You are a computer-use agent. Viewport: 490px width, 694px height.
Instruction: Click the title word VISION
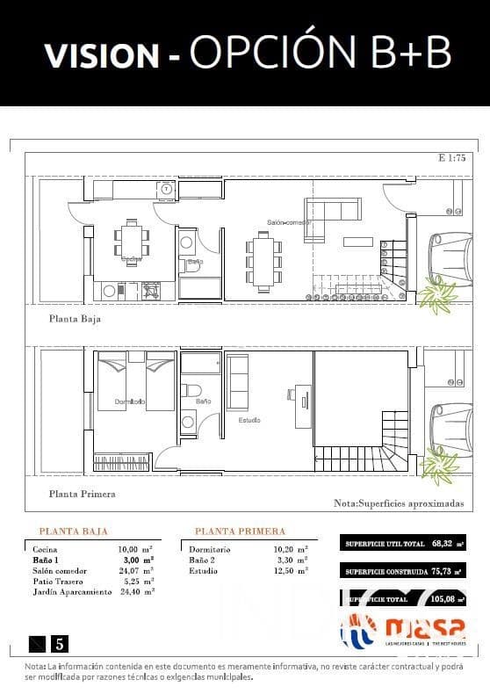tap(102, 55)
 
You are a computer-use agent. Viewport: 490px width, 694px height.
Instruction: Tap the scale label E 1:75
tap(452, 158)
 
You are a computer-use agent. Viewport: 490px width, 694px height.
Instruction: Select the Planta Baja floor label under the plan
tap(75, 319)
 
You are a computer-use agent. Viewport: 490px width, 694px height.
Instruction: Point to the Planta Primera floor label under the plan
tap(82, 494)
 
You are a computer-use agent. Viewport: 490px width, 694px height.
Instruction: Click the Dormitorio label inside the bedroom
tap(130, 401)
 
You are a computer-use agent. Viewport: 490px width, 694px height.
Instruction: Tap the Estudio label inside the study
tap(249, 420)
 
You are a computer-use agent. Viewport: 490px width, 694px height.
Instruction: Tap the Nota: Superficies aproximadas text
tap(399, 504)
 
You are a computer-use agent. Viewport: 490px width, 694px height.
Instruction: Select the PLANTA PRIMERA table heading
tap(240, 531)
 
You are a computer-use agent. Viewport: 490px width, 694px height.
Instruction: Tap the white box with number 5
tap(60, 643)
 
